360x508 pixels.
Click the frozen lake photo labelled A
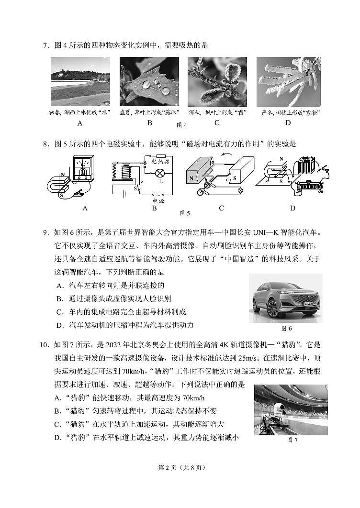point(80,81)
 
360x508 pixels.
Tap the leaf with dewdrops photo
point(149,81)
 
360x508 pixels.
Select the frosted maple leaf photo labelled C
point(217,81)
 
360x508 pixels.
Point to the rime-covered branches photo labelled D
point(289,81)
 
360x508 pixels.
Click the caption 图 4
point(181,125)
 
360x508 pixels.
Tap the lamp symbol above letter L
point(161,173)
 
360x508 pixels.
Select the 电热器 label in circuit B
point(160,161)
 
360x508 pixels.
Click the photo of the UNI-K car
point(285,298)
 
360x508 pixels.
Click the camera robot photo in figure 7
point(291,409)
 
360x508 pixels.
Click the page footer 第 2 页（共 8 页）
point(180,468)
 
